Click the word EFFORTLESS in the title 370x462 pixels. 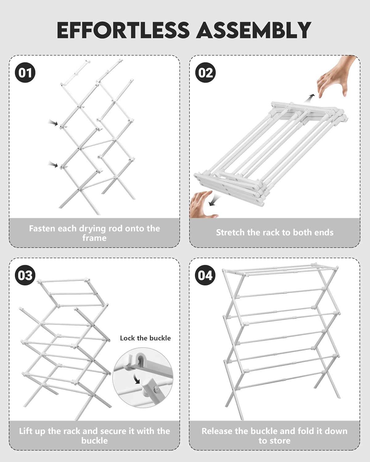click(x=123, y=30)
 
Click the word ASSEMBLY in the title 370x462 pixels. click(x=253, y=30)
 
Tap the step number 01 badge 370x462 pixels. click(x=25, y=73)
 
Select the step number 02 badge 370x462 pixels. click(x=206, y=73)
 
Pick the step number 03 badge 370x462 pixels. click(x=25, y=275)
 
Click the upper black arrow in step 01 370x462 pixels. click(x=53, y=123)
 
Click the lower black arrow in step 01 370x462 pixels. click(x=53, y=165)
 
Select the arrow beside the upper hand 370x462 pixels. click(x=309, y=98)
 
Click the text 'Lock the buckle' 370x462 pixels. click(x=145, y=338)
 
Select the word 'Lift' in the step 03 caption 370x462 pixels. click(x=26, y=431)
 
